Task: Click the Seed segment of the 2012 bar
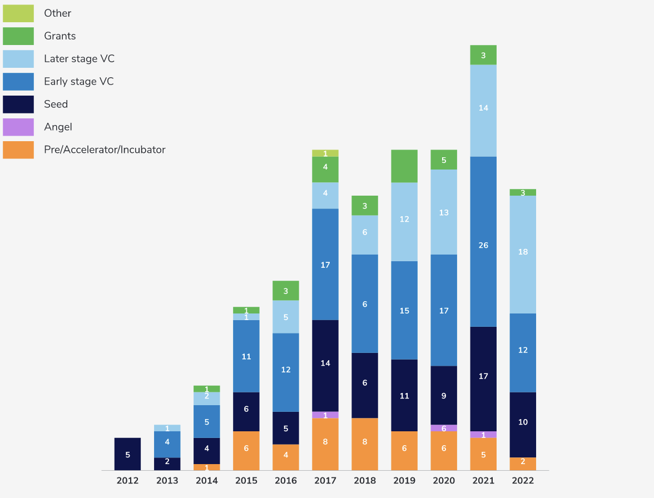pyautogui.click(x=127, y=454)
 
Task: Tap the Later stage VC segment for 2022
pyautogui.click(x=523, y=255)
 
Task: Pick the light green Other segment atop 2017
pyautogui.click(x=325, y=153)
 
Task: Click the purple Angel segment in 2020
pyautogui.click(x=444, y=428)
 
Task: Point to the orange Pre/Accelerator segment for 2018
pyautogui.click(x=365, y=444)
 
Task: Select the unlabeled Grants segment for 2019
pyautogui.click(x=404, y=166)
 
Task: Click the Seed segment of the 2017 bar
pyautogui.click(x=325, y=366)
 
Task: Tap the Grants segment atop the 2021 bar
pyautogui.click(x=483, y=55)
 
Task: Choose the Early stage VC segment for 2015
pyautogui.click(x=246, y=356)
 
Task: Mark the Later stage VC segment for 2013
pyautogui.click(x=167, y=428)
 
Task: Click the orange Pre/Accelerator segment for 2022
pyautogui.click(x=523, y=464)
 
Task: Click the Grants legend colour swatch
pyautogui.click(x=18, y=36)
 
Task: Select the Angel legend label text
pyautogui.click(x=58, y=127)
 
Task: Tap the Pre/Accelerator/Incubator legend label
pyautogui.click(x=105, y=150)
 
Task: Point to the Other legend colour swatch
pyautogui.click(x=18, y=13)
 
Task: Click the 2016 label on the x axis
pyautogui.click(x=286, y=481)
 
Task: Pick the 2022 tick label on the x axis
pyautogui.click(x=523, y=481)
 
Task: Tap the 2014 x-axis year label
pyautogui.click(x=207, y=481)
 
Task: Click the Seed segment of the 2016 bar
pyautogui.click(x=286, y=428)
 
